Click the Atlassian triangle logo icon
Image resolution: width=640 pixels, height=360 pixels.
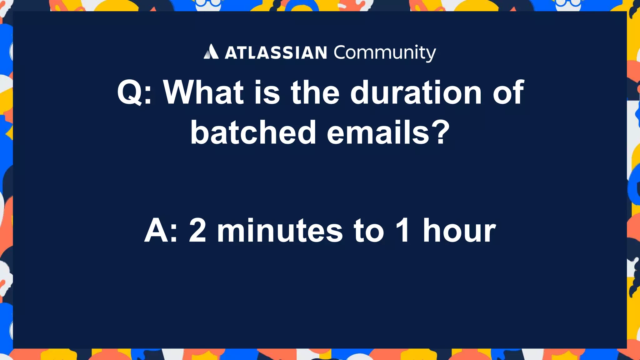coord(211,52)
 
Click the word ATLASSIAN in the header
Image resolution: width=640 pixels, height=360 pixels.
coord(276,53)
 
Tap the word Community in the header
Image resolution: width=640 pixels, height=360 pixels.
coord(385,53)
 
